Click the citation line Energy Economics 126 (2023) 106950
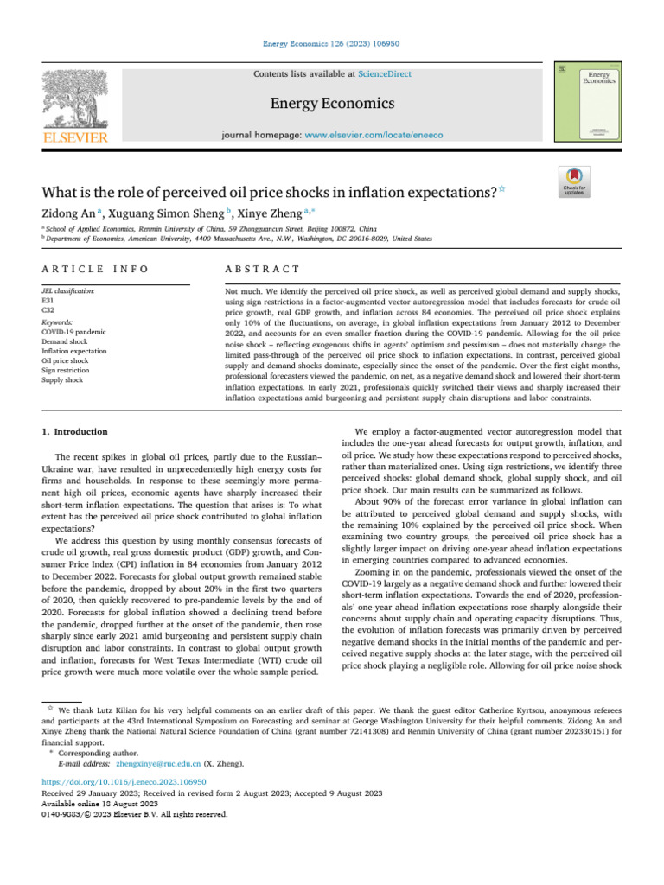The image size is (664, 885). [x=332, y=43]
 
